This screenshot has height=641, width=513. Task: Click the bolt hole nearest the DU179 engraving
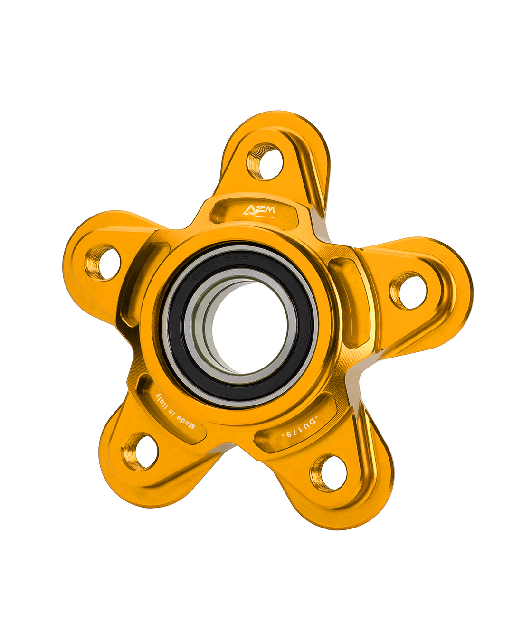coord(329,473)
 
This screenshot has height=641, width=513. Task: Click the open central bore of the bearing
coord(247,328)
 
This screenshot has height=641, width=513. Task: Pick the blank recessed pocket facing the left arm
coord(142,280)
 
